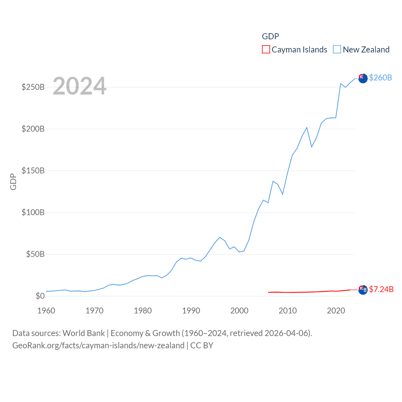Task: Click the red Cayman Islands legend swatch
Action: (x=266, y=50)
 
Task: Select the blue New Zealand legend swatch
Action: (x=337, y=50)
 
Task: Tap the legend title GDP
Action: (x=270, y=36)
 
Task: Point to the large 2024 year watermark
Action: (x=79, y=86)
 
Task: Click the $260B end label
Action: (x=380, y=78)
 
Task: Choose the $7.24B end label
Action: (x=381, y=289)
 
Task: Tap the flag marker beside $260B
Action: (x=363, y=78)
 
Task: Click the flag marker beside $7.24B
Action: (x=363, y=290)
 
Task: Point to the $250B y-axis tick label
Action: (x=33, y=87)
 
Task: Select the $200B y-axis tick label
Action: (x=33, y=129)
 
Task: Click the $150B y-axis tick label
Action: (x=33, y=171)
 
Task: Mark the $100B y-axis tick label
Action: (x=33, y=212)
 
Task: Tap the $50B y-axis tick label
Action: (x=35, y=254)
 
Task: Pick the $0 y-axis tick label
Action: (x=40, y=296)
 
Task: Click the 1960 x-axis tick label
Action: (x=46, y=311)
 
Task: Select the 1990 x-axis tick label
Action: (x=191, y=311)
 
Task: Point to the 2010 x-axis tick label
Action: (x=288, y=311)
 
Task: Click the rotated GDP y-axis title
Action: (x=13, y=182)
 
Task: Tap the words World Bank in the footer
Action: (x=84, y=333)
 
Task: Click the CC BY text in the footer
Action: (x=202, y=345)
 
